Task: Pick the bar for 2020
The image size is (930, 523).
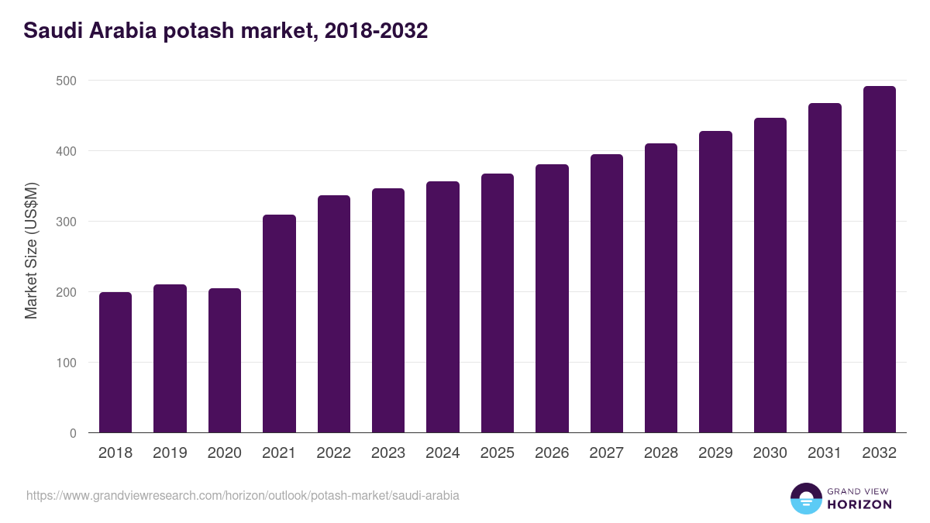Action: point(225,360)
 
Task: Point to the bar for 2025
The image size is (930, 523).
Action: point(497,303)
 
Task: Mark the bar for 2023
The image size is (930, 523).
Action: point(388,310)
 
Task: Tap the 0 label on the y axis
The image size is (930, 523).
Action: point(73,433)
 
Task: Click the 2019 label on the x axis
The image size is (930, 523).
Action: point(170,453)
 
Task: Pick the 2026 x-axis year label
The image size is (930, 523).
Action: point(552,453)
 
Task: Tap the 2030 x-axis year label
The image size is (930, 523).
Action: point(770,453)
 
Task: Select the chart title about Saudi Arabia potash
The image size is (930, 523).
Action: point(226,31)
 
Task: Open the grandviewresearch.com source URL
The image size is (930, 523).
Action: point(243,495)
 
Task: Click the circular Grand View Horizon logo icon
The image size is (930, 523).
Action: point(805,498)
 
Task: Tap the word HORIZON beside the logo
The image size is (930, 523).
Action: point(859,504)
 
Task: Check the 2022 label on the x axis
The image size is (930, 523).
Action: point(333,453)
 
